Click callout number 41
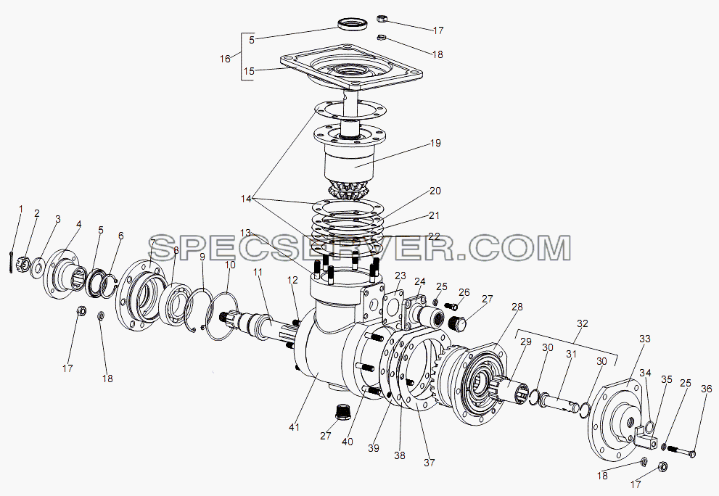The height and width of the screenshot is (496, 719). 294,427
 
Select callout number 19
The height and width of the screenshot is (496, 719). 435,143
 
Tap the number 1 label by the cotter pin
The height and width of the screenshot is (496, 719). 20,209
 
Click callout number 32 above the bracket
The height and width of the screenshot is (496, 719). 582,323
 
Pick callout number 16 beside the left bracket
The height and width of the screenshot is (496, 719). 225,59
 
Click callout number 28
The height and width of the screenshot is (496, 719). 517,307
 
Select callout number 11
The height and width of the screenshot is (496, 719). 258,272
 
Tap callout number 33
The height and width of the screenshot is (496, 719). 645,339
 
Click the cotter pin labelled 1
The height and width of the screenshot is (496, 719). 11,263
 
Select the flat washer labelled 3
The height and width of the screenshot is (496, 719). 37,268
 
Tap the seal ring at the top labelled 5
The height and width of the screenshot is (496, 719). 353,24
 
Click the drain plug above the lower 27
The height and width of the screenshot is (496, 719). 342,412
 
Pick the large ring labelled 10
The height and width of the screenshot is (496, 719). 222,316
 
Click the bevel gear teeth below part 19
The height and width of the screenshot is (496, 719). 347,190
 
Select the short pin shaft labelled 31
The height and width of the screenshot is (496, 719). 559,402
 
